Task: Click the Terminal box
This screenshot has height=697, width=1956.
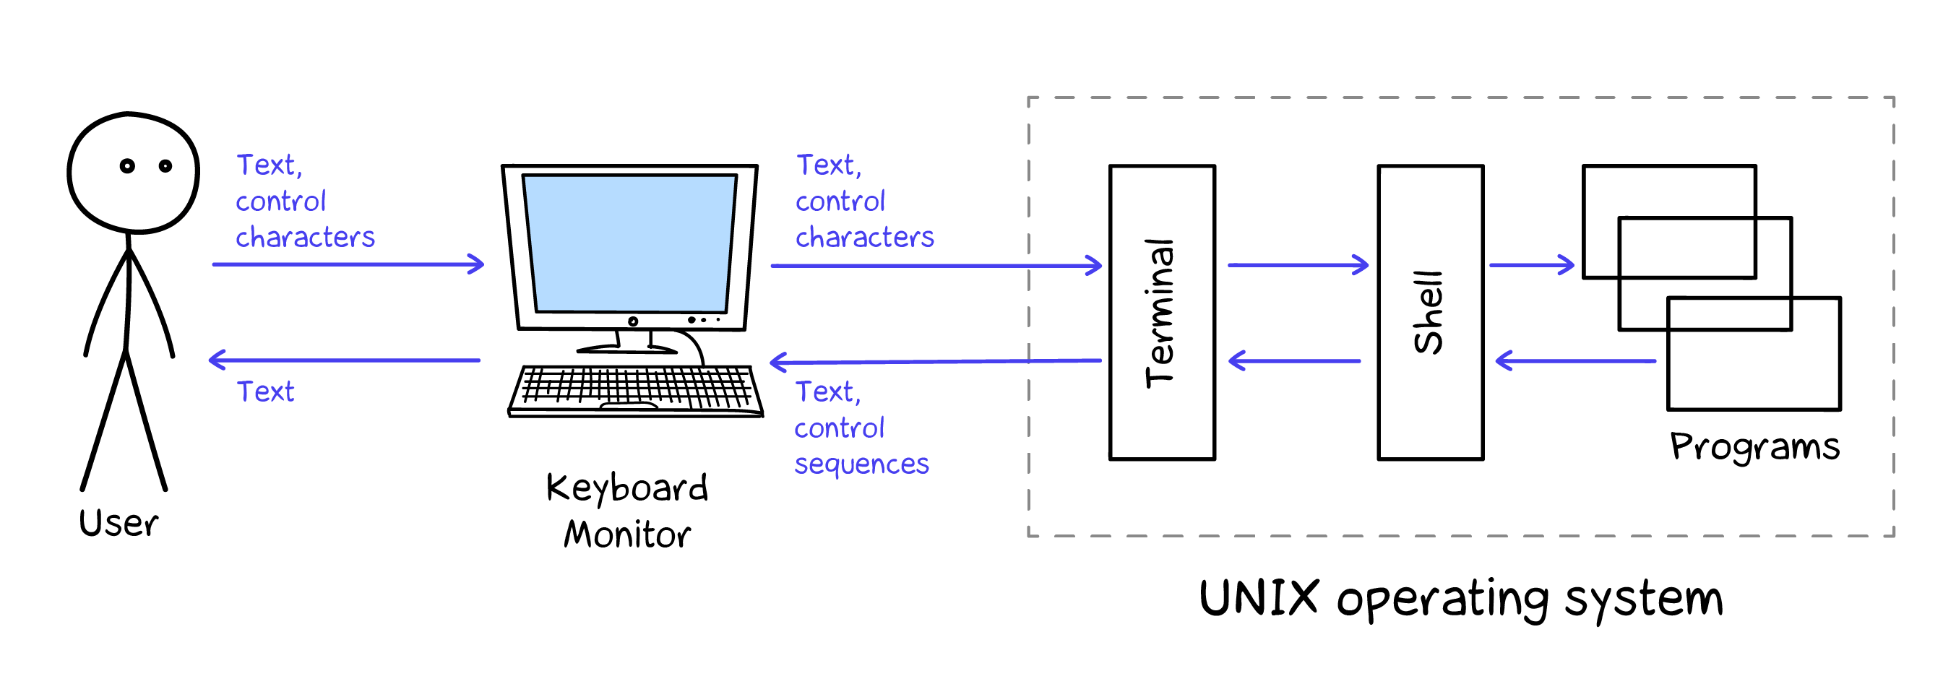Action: coord(1162,312)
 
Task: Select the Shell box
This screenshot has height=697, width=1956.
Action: coord(1430,312)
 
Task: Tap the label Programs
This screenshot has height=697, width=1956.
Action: coord(1754,446)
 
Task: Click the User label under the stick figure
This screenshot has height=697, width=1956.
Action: coord(119,523)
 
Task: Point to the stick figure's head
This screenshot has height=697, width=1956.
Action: coord(133,173)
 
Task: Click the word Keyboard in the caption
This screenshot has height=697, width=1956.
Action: coord(627,488)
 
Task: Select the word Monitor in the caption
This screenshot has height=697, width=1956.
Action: coord(627,534)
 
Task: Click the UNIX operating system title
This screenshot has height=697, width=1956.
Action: coord(1460,598)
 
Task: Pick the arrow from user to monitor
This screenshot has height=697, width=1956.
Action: coord(348,264)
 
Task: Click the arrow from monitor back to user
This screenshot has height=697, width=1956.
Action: coord(344,360)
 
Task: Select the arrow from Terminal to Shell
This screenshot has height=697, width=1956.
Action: coord(1297,265)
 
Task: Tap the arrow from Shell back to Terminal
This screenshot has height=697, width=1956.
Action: coord(1294,360)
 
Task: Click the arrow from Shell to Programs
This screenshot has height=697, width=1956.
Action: coord(1531,265)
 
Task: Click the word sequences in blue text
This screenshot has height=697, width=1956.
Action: coord(861,464)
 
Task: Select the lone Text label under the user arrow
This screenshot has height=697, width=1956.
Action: coord(265,391)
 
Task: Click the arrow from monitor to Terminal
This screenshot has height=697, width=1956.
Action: coord(936,266)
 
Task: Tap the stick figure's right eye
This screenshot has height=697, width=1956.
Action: coord(165,165)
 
